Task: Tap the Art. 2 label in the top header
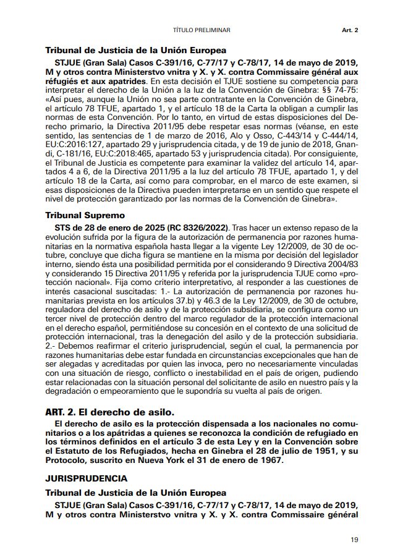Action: (350, 30)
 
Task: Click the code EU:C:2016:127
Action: (73, 142)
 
